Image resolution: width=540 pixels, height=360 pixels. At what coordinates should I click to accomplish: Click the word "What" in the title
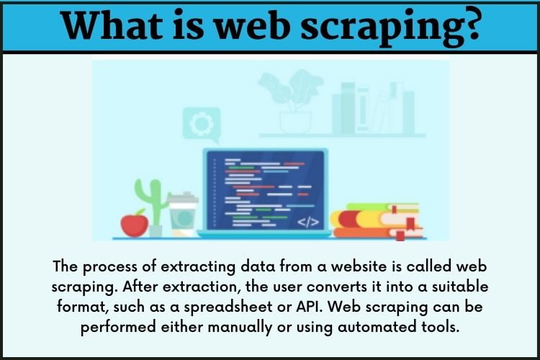tap(112, 25)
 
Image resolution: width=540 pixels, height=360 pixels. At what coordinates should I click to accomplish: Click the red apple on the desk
tap(135, 224)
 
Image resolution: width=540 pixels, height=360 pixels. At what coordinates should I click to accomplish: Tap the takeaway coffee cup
tap(183, 215)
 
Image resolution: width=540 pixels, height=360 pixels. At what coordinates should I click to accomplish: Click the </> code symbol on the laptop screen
tap(308, 222)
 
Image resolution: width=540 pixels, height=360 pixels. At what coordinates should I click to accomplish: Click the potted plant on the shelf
tap(293, 102)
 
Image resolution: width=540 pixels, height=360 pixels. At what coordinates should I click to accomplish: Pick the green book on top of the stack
tap(382, 207)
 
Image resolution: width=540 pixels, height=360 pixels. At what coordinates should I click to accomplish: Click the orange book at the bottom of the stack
tap(377, 233)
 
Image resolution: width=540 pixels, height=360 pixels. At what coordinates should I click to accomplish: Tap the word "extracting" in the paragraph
tap(198, 267)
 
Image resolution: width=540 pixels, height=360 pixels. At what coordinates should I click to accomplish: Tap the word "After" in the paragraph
tap(140, 287)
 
